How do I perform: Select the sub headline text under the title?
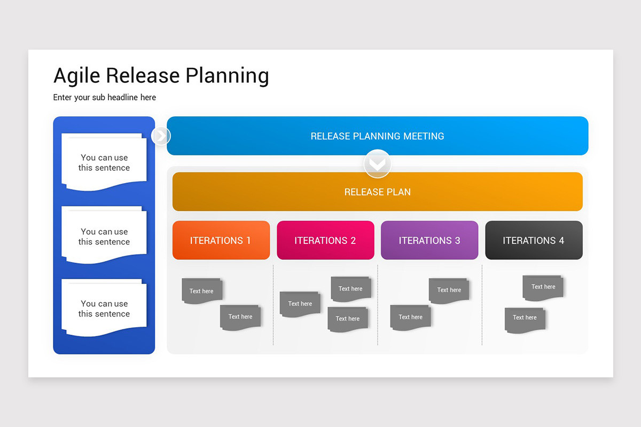pos(105,97)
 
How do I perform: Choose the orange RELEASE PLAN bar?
pos(377,192)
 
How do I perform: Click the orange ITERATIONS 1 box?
pos(221,240)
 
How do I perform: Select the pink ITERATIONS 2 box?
pos(325,240)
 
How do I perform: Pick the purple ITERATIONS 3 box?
pos(429,240)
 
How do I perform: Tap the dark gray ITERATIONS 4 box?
pos(534,240)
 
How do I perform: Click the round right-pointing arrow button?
pos(161,136)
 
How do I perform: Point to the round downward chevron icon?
pos(377,164)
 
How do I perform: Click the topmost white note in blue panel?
pos(104,162)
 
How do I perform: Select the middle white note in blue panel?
pos(104,236)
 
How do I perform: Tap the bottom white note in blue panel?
pos(104,309)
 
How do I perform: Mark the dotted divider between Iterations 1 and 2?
pos(273,304)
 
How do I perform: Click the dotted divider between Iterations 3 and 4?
pos(482,304)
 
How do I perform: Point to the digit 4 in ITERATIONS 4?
pos(561,241)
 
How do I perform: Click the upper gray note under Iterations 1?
pos(201,291)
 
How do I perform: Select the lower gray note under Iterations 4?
pos(525,319)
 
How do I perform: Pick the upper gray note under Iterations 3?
pos(449,290)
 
